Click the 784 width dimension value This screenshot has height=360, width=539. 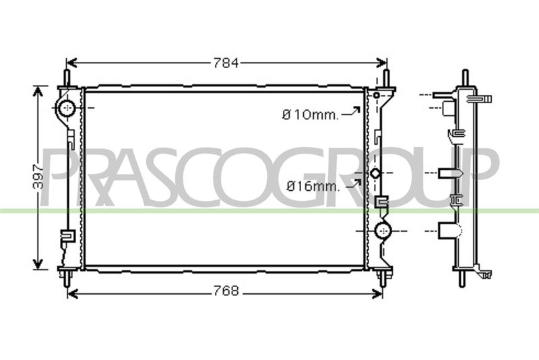tap(226, 63)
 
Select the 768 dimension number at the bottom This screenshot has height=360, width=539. tap(226, 291)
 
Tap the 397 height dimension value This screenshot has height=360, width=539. tap(38, 177)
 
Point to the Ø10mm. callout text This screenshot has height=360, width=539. tap(310, 115)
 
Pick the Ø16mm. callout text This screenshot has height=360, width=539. tap(313, 186)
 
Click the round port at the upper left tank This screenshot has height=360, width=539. tap(67, 108)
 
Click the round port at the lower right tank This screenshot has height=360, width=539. tap(382, 231)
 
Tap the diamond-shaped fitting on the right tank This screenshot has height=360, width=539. tap(375, 173)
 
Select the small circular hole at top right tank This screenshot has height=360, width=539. tap(377, 95)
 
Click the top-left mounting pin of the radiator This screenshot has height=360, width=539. tap(67, 78)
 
